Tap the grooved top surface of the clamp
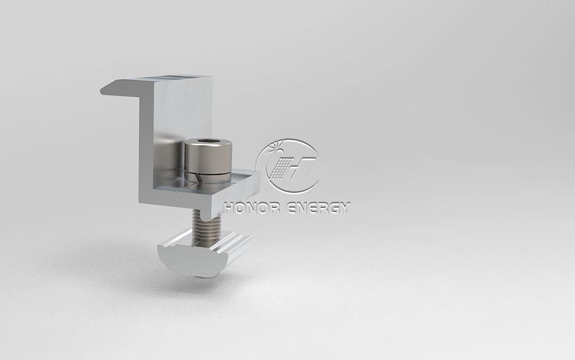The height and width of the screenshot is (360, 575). [x=176, y=78]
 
